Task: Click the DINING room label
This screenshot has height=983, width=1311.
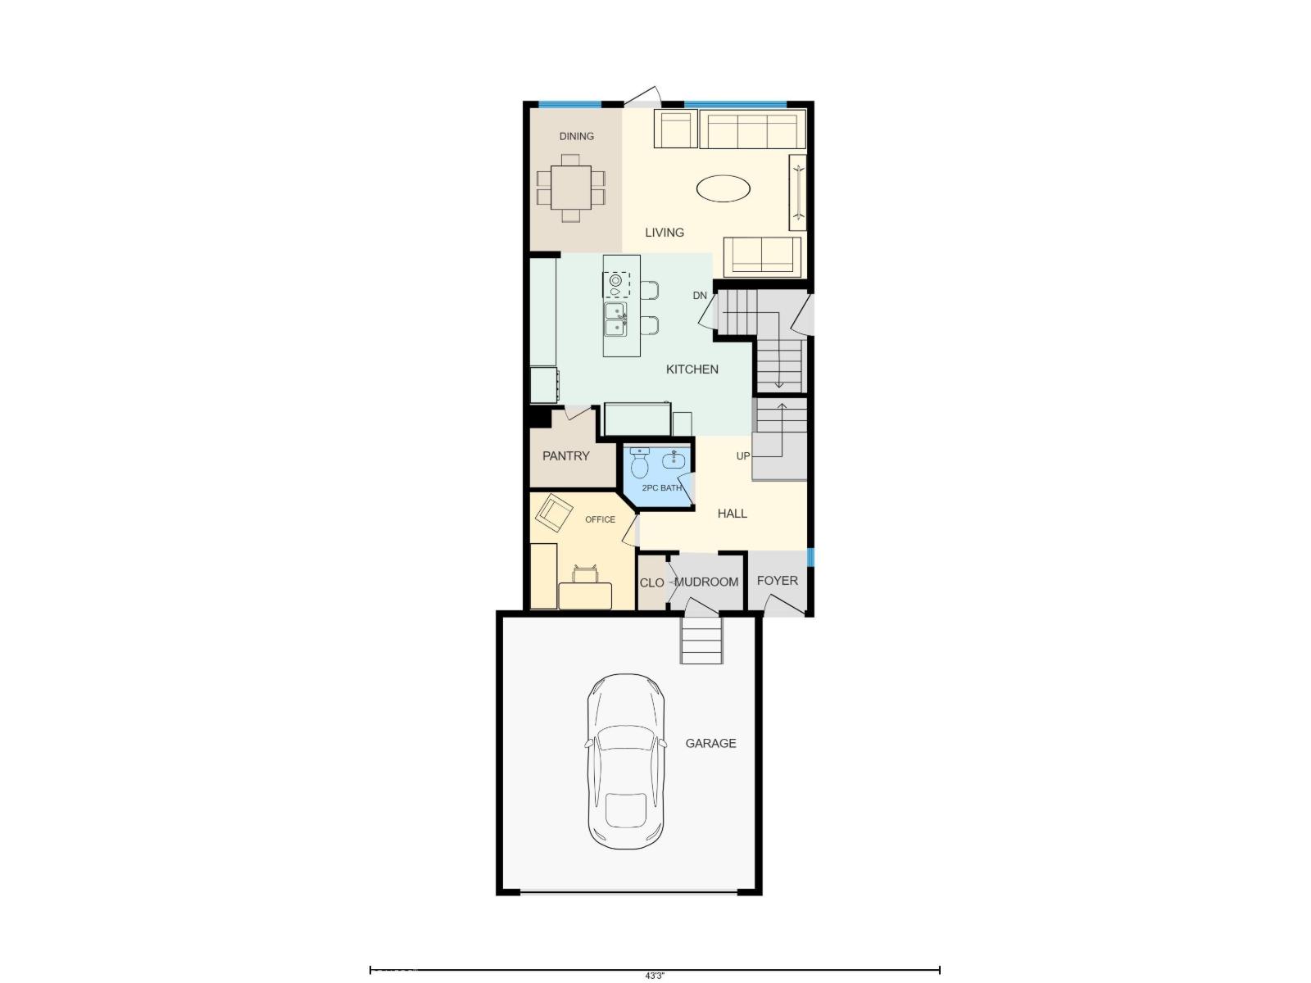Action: [576, 136]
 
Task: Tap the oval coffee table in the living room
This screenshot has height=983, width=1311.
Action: [723, 188]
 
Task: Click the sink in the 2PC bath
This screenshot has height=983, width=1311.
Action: [674, 460]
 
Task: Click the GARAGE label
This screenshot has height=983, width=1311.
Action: [710, 743]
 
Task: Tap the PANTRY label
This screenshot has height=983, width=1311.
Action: [565, 456]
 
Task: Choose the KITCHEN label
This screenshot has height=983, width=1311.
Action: [692, 369]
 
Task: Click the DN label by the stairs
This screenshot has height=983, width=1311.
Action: [700, 295]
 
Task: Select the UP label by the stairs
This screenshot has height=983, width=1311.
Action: [742, 455]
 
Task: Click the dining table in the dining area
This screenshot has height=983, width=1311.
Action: [571, 188]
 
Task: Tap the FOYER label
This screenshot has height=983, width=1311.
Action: [777, 581]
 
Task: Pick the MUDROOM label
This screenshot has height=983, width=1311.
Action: [706, 582]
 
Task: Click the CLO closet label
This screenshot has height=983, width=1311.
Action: [651, 583]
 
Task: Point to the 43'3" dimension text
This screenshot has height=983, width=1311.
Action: [654, 976]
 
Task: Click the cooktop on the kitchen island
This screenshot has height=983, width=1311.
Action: [616, 284]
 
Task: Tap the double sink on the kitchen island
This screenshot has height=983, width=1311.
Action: [615, 319]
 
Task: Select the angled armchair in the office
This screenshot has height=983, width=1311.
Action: [554, 514]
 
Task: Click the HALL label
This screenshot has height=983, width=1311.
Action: [732, 514]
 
